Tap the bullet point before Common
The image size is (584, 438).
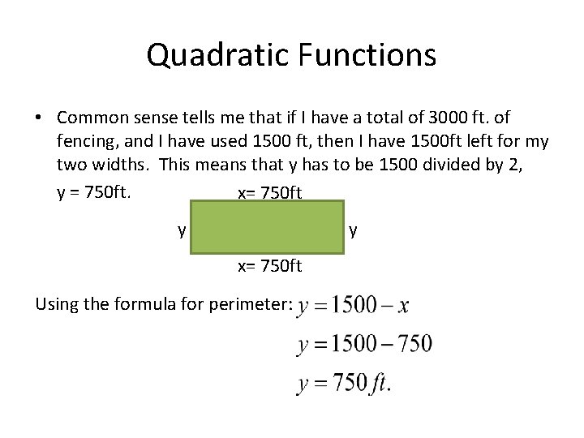click(x=39, y=118)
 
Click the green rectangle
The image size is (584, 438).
click(x=268, y=228)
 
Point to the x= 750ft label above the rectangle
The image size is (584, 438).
click(x=269, y=193)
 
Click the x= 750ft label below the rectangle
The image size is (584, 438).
click(x=269, y=265)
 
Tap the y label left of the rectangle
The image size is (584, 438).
click(x=182, y=230)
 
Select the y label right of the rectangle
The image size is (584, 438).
click(x=352, y=230)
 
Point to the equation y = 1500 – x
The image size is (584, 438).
click(x=354, y=306)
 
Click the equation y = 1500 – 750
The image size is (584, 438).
click(x=365, y=344)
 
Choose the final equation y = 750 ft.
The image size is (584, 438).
click(x=344, y=383)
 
